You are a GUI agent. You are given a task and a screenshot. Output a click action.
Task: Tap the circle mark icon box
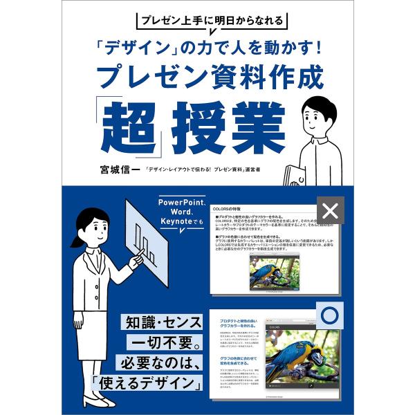pyautogui.click(x=330, y=315)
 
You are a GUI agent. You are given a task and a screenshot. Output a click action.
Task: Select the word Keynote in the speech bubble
pyautogui.click(x=178, y=221)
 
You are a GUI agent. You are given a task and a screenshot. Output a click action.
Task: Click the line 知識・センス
pyautogui.click(x=163, y=323)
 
